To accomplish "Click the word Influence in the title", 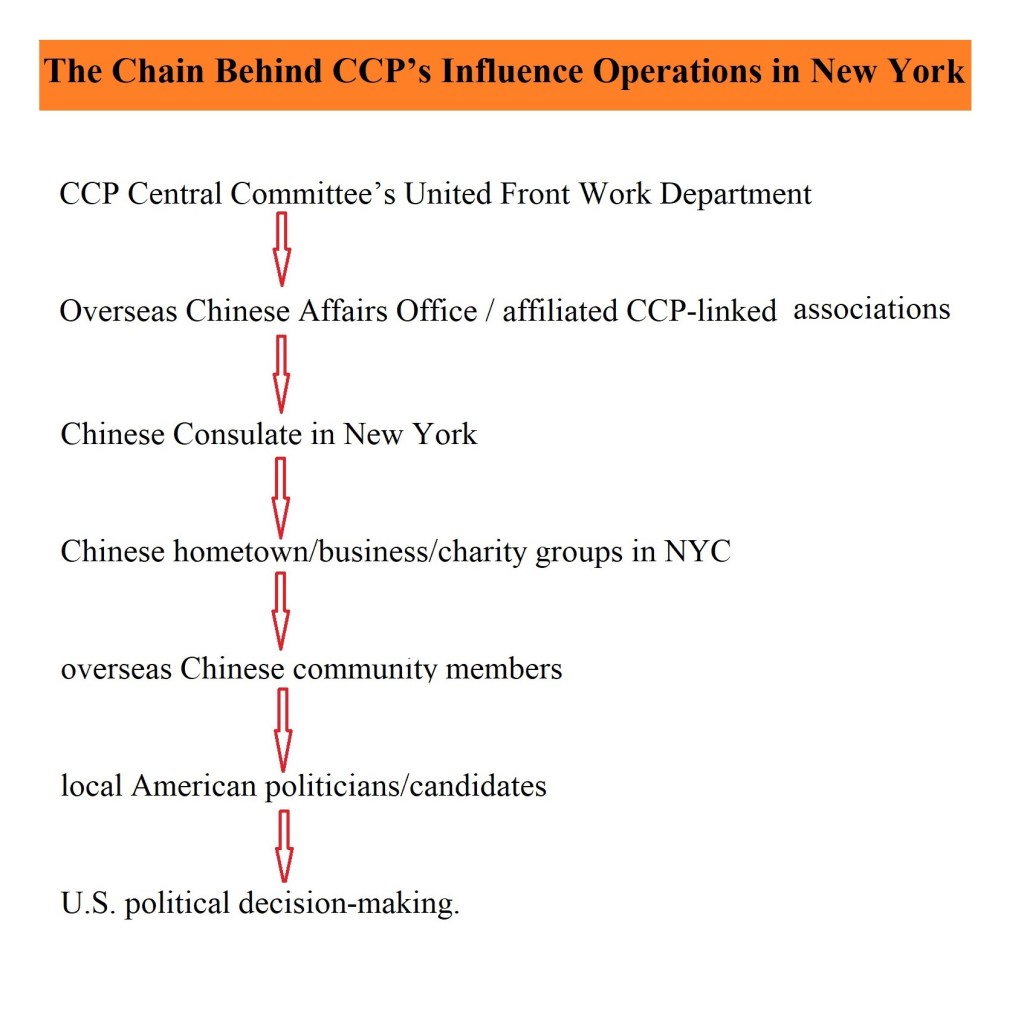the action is [x=511, y=71].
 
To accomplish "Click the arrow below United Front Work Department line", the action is [x=281, y=249].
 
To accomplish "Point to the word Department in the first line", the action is [x=735, y=195].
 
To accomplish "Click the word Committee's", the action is [x=313, y=194].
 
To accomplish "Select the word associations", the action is [x=871, y=309].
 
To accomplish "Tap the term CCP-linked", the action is [x=701, y=311].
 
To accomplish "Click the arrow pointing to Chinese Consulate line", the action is [x=281, y=374].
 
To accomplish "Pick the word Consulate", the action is [x=236, y=434].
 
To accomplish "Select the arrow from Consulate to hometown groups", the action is [x=280, y=498].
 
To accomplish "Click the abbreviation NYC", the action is [x=697, y=551].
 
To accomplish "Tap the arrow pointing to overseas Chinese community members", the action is [x=280, y=611].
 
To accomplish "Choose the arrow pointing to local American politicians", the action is [x=282, y=730].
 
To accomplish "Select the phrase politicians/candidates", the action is [x=406, y=787].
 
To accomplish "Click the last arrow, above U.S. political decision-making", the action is [x=283, y=847].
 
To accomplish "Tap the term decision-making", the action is [x=349, y=904].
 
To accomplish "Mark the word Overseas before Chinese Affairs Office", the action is [x=118, y=311].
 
